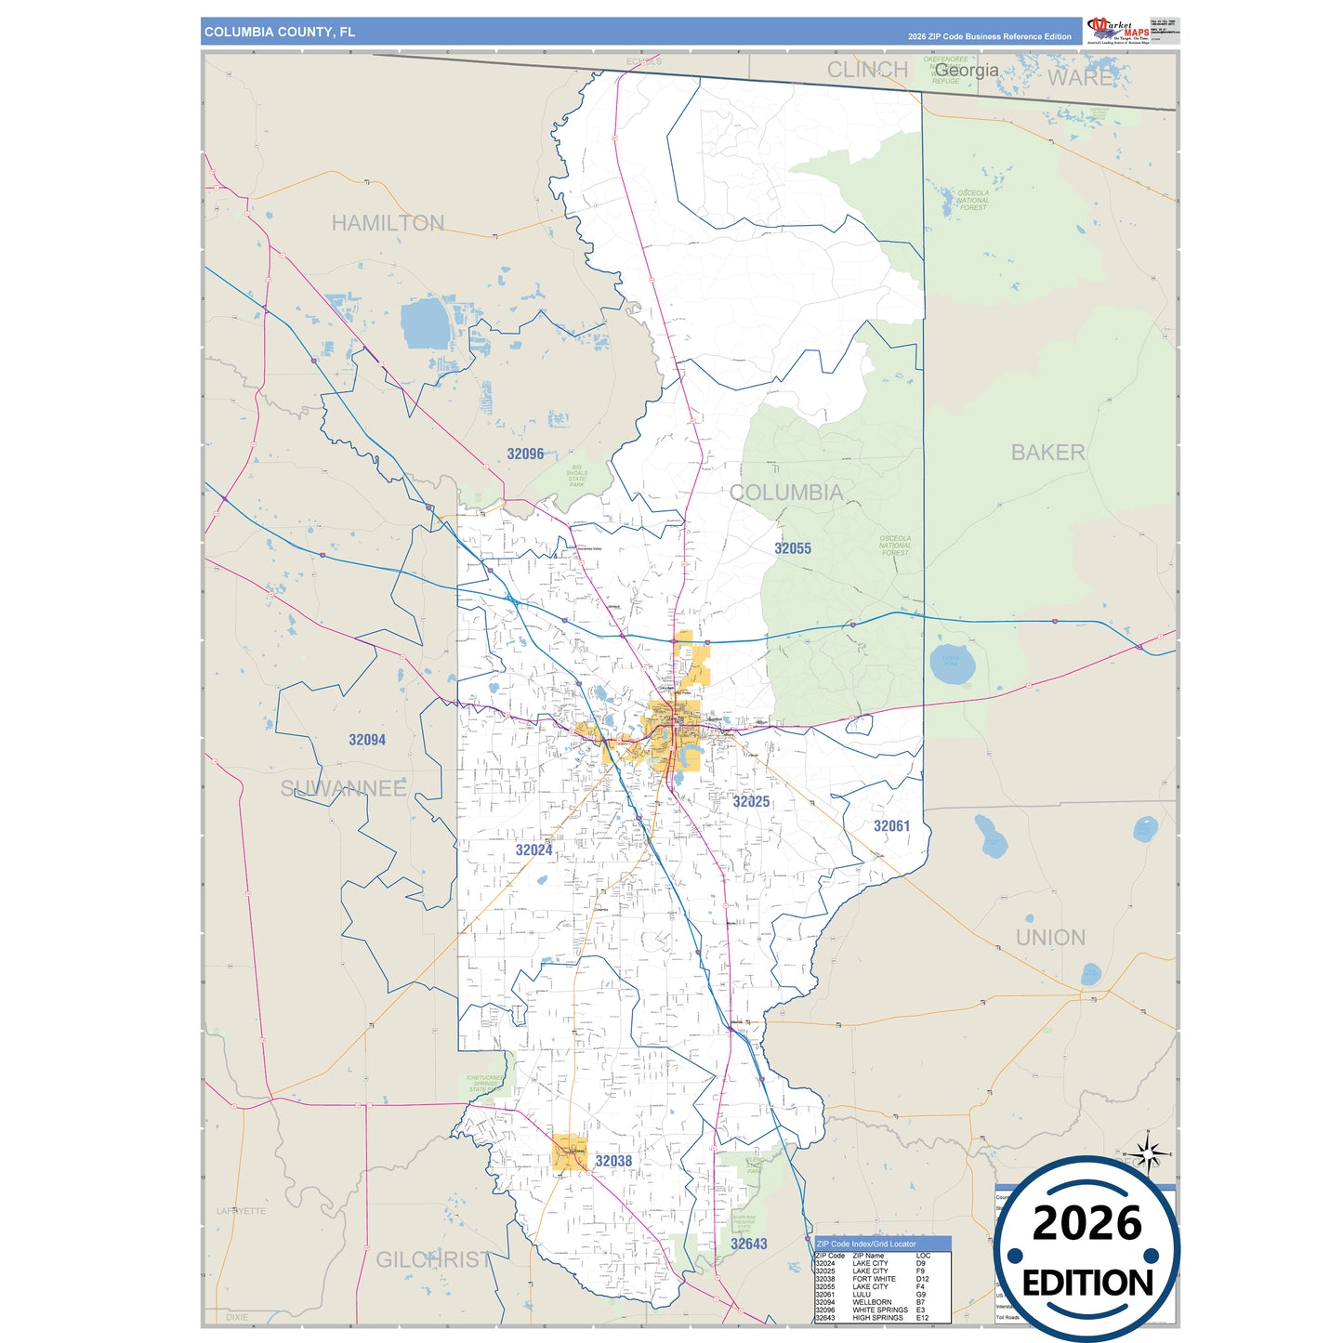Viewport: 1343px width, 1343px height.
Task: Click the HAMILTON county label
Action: (x=388, y=223)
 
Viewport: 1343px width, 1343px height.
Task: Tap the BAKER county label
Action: (x=1047, y=453)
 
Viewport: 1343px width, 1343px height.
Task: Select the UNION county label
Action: (x=1050, y=938)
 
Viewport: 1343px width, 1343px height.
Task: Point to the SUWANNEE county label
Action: (x=344, y=788)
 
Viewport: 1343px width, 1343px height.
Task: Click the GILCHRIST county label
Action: (x=433, y=1259)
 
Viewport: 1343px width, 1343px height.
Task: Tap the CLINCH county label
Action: (x=867, y=70)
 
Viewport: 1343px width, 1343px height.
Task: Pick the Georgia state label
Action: (x=967, y=70)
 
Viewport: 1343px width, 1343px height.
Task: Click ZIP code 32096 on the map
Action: (x=525, y=454)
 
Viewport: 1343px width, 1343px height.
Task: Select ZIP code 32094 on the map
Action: (x=367, y=740)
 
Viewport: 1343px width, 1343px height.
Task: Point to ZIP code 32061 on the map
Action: (x=891, y=826)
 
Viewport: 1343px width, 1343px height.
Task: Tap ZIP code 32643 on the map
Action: (x=748, y=1244)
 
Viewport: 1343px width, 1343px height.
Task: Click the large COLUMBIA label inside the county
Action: (x=786, y=493)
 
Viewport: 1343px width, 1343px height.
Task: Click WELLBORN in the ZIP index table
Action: (x=872, y=1302)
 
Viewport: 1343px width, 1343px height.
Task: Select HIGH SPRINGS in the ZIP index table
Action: (x=877, y=1318)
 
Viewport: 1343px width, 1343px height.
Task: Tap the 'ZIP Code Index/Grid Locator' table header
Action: (x=866, y=1244)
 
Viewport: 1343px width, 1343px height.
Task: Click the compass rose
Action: (x=1150, y=1155)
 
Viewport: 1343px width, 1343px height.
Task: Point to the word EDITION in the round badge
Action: (x=1087, y=1284)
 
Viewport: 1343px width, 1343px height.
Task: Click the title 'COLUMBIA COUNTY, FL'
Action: (x=280, y=32)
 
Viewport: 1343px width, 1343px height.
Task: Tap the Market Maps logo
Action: (x=1118, y=30)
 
